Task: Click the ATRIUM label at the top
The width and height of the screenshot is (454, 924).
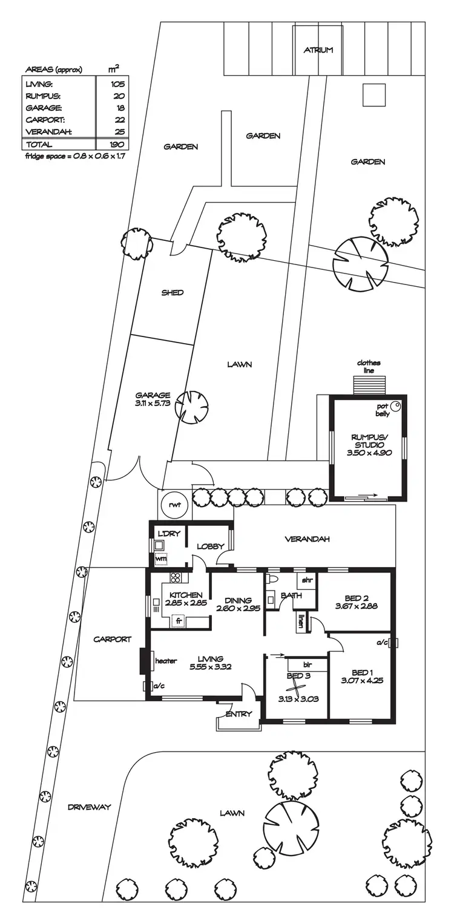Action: [x=318, y=50]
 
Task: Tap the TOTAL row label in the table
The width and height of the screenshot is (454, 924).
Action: [x=39, y=145]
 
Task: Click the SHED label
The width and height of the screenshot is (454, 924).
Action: [x=173, y=293]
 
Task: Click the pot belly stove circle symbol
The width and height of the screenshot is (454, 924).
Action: [x=395, y=406]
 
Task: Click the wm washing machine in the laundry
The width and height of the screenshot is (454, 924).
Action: [x=160, y=559]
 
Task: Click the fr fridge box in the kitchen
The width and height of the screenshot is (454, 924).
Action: [x=179, y=620]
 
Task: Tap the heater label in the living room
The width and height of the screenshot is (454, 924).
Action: [x=166, y=661]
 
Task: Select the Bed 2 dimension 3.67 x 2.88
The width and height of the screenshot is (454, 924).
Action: [x=357, y=605]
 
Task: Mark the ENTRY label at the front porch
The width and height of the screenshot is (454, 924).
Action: [x=239, y=714]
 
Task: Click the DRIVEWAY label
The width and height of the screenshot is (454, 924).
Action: [x=89, y=807]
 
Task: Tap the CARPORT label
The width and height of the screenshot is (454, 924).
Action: [x=112, y=639]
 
